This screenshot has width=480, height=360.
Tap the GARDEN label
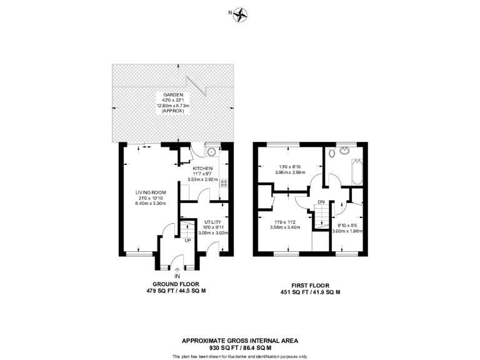coord(172,95)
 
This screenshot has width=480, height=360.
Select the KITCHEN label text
coord(202,169)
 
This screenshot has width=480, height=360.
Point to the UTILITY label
coord(212,222)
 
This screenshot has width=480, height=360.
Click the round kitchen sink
coord(212,151)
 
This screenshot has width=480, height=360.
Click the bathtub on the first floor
coord(357,171)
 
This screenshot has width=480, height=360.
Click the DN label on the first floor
coord(321,202)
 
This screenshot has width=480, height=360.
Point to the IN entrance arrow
coord(177,269)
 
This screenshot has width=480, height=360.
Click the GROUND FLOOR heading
coord(177,283)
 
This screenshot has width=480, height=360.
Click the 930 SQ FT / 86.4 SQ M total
coord(240,347)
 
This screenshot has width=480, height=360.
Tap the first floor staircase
coord(320,217)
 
